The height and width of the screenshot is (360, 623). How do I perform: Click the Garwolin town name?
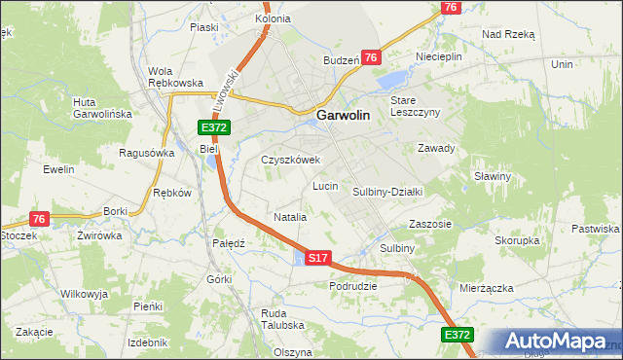coord(343,114)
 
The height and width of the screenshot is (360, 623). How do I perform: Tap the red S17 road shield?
coord(319,258)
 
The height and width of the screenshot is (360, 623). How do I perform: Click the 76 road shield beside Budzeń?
coord(370,58)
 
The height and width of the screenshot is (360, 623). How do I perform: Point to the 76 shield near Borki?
coord(39,219)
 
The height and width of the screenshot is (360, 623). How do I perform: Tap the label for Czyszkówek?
coord(290,160)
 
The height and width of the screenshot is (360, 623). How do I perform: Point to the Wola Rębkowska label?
coord(174,77)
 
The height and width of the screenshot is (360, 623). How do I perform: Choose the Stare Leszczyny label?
coord(416,106)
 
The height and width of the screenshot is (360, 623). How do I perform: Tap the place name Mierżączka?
coord(486,289)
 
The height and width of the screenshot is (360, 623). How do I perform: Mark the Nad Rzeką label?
coord(508,33)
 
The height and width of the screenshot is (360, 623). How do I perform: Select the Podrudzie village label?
coord(353,286)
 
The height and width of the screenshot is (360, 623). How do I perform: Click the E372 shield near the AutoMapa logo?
coord(458,335)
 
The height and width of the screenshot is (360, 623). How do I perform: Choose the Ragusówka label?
coord(146,153)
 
